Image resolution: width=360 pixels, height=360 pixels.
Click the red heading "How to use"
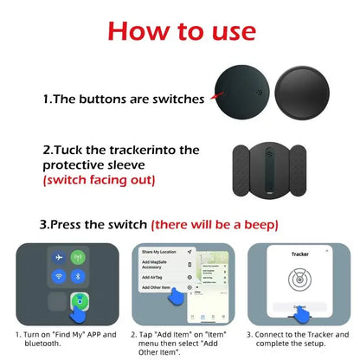(180, 33)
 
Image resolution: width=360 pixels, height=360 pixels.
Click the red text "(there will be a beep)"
(215, 224)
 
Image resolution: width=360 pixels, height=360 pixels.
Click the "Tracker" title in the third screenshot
(299, 254)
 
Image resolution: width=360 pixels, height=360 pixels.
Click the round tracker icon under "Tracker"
(299, 281)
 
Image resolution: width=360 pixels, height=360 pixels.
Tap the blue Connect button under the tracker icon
(299, 307)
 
